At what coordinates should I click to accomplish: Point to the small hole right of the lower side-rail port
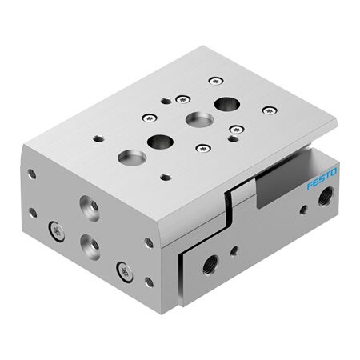click(x=234, y=250)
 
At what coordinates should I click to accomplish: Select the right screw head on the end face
click(x=122, y=268)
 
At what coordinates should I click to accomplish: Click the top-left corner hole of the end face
click(x=32, y=173)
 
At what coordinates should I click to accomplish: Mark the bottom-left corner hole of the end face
click(x=33, y=213)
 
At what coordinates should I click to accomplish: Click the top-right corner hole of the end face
click(x=149, y=242)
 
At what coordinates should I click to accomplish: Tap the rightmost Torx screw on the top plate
click(x=268, y=110)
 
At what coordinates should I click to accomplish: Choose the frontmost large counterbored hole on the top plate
click(x=127, y=157)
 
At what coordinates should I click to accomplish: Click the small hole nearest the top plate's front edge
click(x=165, y=177)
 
